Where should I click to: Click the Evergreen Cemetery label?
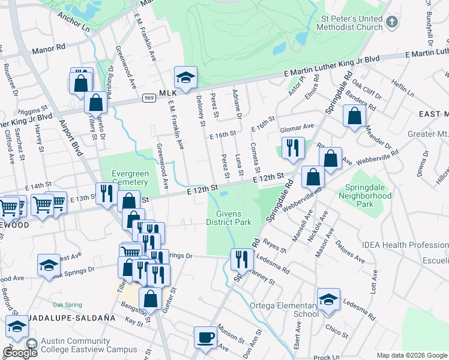click(x=130, y=178)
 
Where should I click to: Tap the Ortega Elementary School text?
click(x=285, y=310)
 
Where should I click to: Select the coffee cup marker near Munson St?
click(x=206, y=337)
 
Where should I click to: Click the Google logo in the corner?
click(x=20, y=352)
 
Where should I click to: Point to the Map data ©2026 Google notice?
click(x=412, y=355)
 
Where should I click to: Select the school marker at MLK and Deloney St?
click(x=185, y=77)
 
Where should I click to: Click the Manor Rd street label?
click(x=49, y=50)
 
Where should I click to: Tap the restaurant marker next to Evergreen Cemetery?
click(x=107, y=193)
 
